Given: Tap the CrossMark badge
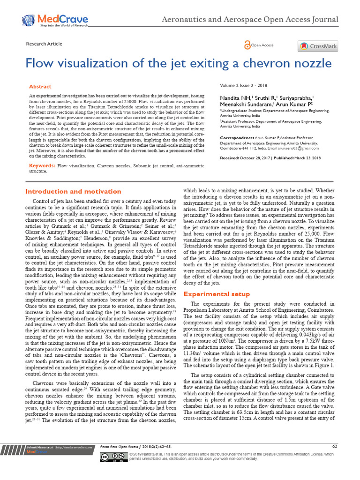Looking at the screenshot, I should click(x=318, y=46).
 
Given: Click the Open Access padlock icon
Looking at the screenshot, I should click(x=247, y=45).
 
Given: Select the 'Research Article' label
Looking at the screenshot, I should click(x=44, y=44).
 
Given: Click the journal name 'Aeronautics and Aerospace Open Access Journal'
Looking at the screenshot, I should click(x=250, y=20).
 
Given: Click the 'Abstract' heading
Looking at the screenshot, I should click(x=40, y=87).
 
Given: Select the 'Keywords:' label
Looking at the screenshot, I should click(x=42, y=166).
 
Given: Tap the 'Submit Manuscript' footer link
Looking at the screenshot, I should click(x=40, y=447).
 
